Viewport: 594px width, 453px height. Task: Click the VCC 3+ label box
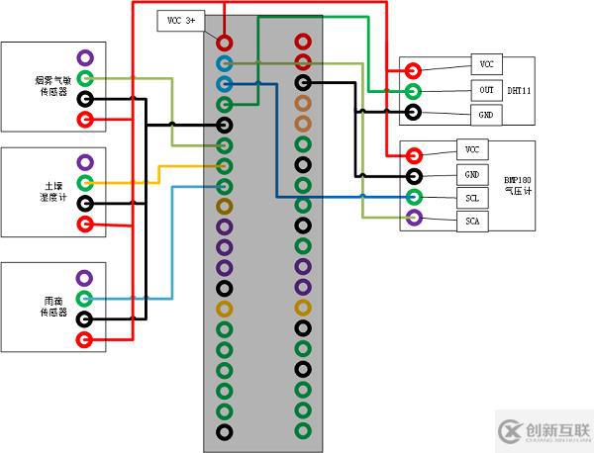tap(182, 20)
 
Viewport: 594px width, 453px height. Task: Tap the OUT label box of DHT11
tap(486, 90)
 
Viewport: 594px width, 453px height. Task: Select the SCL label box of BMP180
tap(472, 198)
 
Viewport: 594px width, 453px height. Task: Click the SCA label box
tap(472, 221)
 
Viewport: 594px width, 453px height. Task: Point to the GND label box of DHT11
tap(486, 115)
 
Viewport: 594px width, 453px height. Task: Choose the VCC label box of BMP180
tap(472, 149)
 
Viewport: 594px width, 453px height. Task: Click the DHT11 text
tap(520, 90)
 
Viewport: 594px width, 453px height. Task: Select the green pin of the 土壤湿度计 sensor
tap(85, 183)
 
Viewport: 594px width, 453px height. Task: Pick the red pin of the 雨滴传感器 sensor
tap(85, 340)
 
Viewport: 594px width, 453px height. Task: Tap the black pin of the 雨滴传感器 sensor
tap(85, 318)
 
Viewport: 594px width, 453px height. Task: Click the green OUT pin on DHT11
tap(412, 92)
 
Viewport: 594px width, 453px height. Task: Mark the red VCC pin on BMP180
tap(413, 154)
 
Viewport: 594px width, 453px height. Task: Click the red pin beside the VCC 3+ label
tap(225, 43)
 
